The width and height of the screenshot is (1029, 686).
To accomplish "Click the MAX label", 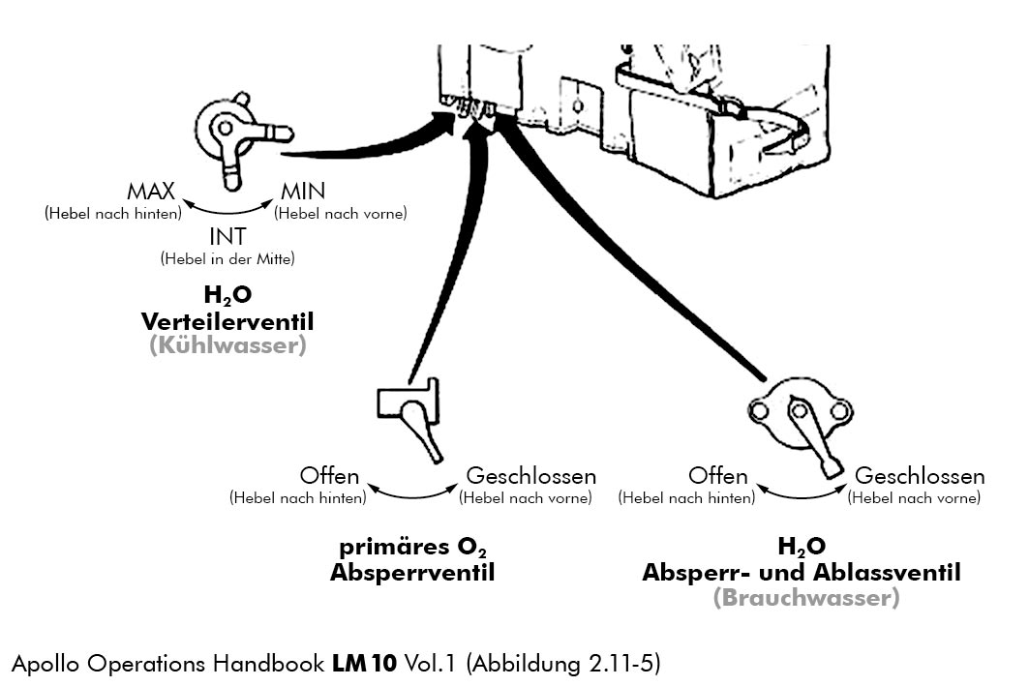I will pos(151,192).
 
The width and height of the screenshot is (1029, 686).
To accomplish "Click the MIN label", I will pos(303,192).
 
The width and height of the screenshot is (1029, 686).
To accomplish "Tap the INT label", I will pos(227,237).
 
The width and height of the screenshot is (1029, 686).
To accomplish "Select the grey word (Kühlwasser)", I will pos(227,344).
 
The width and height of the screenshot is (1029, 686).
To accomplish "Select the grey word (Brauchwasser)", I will pos(806,598).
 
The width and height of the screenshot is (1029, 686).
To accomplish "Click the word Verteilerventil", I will pos(228,320).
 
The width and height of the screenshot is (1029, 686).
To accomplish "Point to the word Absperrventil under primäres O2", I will pos(412,573).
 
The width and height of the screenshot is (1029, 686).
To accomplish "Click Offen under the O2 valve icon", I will pos(330,477).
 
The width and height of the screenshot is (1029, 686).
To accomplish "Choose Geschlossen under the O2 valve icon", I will pos(531,477).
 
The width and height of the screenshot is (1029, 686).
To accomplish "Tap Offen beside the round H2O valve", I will pos(718,477).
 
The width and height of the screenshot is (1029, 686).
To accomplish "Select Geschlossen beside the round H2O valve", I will pos(920,477).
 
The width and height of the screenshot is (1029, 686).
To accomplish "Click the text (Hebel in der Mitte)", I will pos(227,259).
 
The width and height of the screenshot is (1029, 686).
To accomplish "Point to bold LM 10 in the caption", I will pos(364,664).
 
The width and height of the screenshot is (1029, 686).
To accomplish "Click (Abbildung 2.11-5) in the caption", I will pos(564,664).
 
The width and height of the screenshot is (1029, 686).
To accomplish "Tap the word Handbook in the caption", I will pos(261,664).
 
